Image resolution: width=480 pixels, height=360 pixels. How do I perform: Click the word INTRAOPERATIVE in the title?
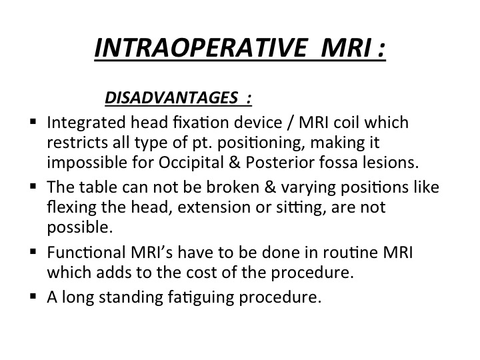[x=201, y=48]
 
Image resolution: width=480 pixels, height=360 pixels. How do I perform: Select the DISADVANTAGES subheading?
[x=171, y=97]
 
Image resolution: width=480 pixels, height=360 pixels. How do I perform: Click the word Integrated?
[x=86, y=123]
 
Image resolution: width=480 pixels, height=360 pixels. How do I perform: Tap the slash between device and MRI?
[x=290, y=123]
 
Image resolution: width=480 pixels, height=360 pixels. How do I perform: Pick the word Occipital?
[x=191, y=163]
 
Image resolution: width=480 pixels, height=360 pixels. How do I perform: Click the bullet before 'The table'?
[x=33, y=186]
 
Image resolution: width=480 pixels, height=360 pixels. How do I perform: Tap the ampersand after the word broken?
[x=270, y=187]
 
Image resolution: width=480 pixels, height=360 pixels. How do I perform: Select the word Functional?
[x=86, y=253]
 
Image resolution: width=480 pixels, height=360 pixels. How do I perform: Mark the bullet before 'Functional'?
[x=33, y=251]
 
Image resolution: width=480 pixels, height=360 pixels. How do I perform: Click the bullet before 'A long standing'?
[x=33, y=296]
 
